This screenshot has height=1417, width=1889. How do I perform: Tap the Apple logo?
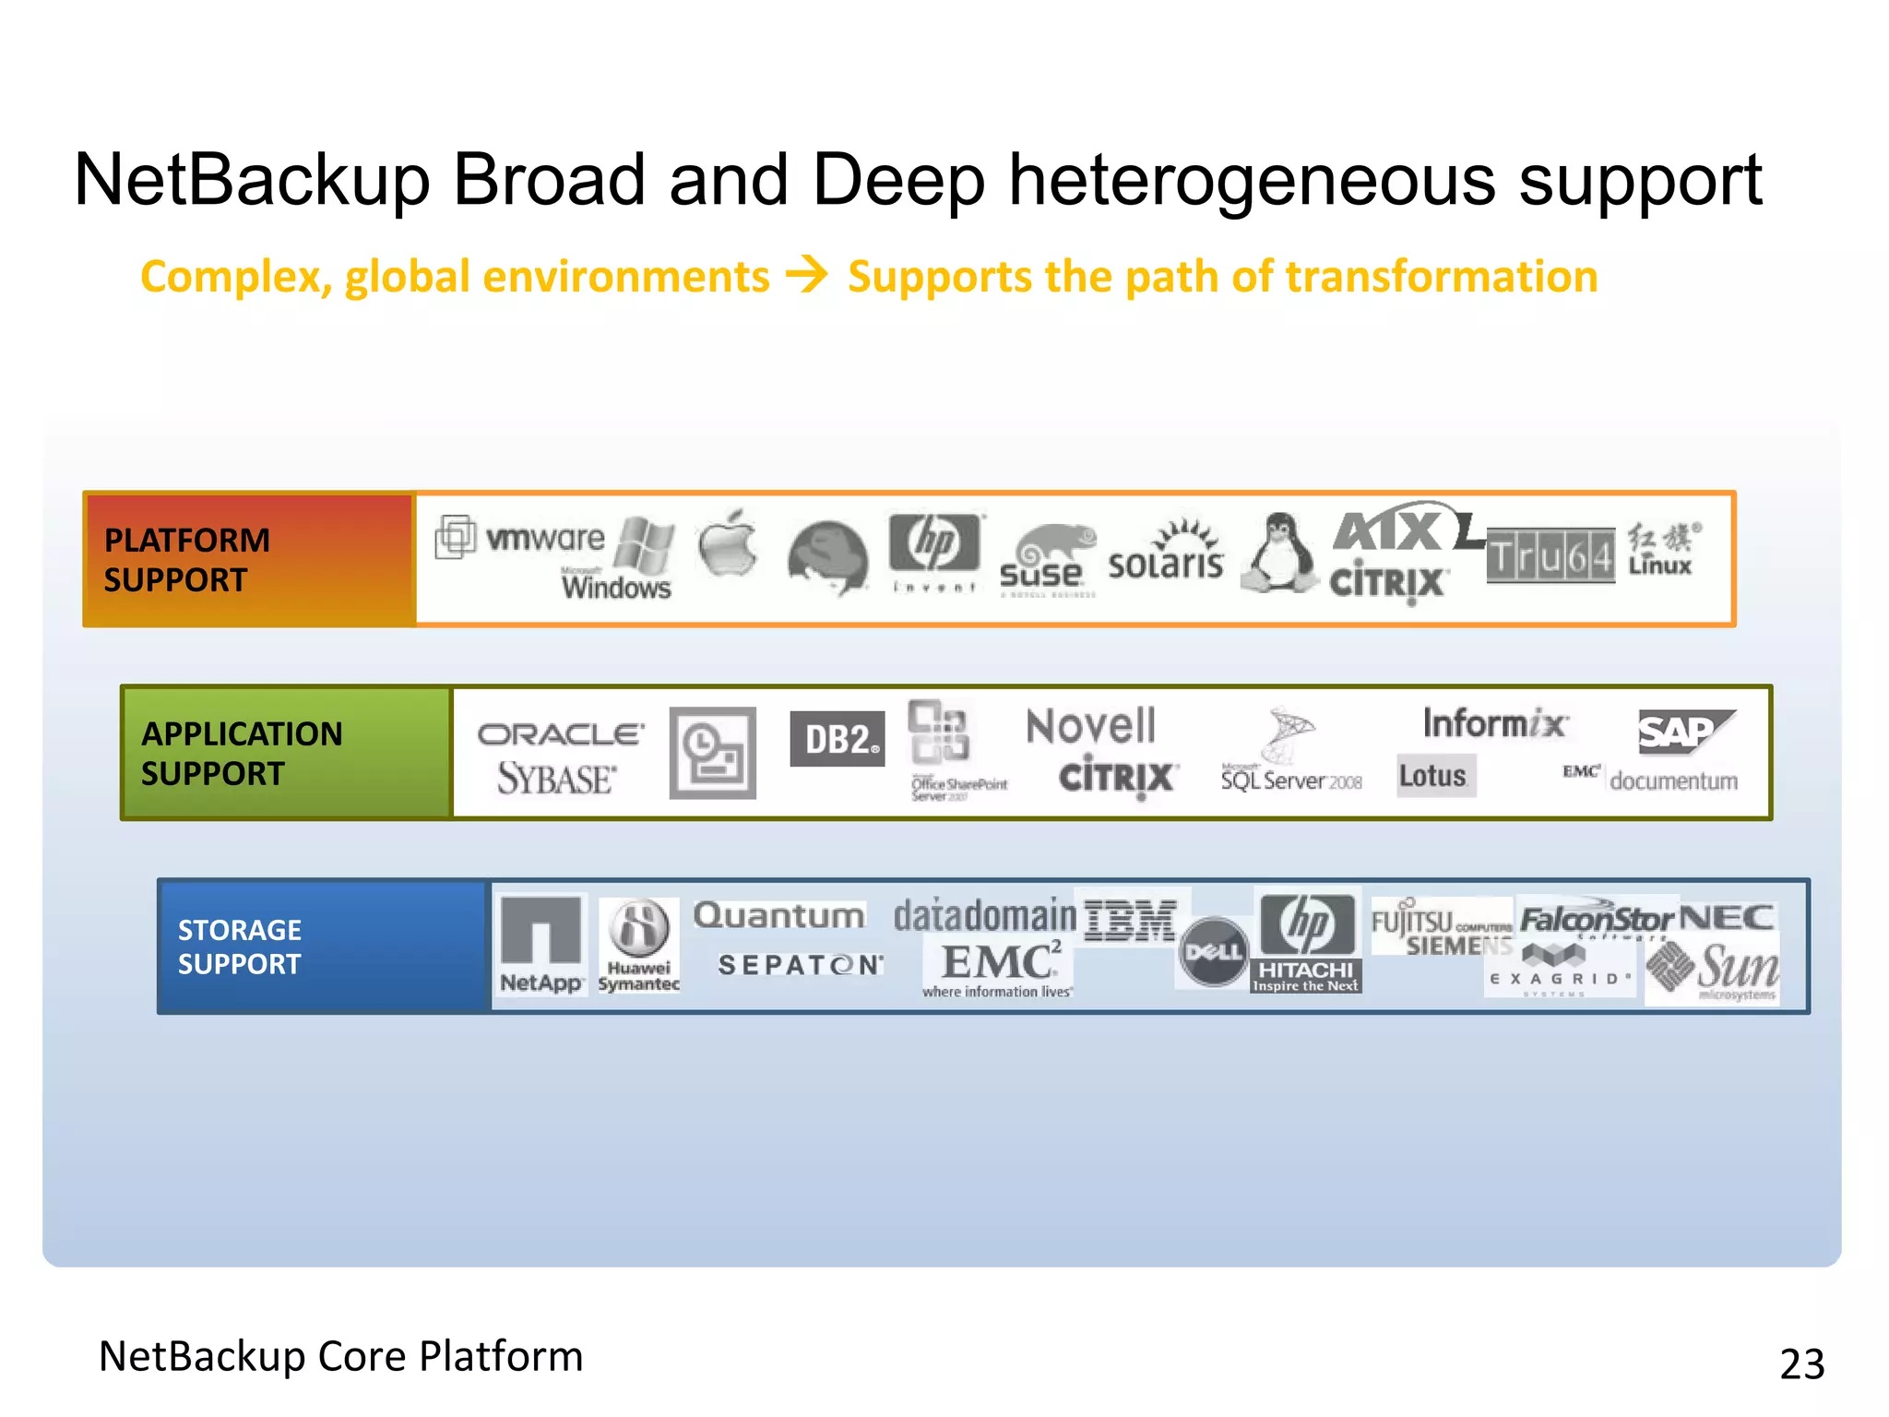728,544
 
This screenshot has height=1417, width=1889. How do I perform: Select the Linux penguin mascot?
1279,554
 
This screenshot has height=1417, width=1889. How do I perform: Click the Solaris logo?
1167,554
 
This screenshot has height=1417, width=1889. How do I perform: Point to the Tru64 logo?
1550,556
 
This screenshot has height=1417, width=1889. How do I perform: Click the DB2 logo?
838,739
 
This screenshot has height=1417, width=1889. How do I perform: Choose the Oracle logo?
560,734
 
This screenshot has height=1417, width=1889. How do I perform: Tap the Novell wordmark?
1091,726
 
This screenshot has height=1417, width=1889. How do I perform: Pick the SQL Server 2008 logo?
1290,756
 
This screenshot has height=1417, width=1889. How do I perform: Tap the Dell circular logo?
1213,951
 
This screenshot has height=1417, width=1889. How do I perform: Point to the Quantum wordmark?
779,915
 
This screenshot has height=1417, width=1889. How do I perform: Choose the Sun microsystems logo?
1716,970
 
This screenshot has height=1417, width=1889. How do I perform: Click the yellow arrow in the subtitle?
807,275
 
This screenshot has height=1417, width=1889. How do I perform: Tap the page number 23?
1801,1363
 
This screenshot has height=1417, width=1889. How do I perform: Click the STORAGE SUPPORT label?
240,947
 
